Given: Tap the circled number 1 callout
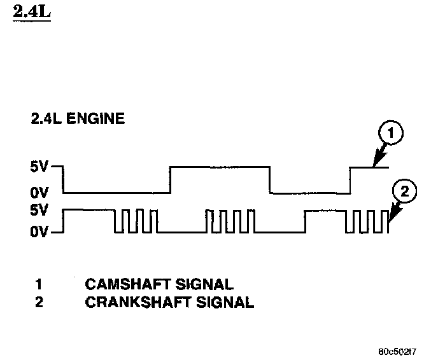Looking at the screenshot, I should (392, 135).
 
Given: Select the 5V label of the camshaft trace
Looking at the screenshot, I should (41, 169).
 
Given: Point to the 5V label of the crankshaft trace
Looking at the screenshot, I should (41, 210).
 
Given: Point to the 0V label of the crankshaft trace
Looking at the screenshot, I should (41, 233).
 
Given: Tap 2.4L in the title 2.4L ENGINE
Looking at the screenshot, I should (45, 118).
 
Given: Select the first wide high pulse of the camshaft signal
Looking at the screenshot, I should (220, 167).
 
